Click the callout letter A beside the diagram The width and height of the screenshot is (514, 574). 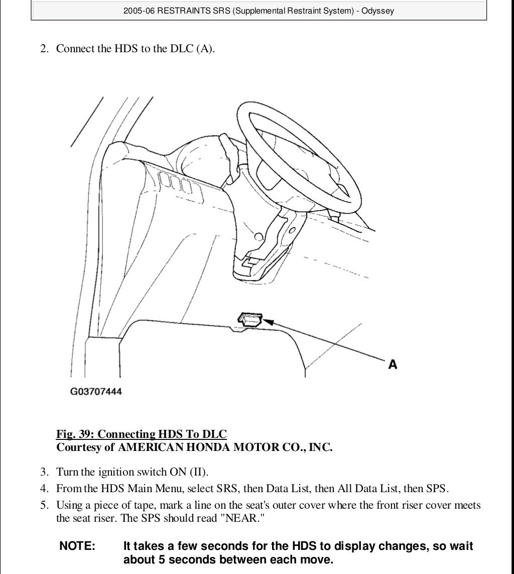[393, 364]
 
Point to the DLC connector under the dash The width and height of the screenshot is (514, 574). [249, 319]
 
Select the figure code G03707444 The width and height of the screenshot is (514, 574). [96, 391]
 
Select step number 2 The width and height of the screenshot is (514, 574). [44, 49]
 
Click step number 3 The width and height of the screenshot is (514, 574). [44, 472]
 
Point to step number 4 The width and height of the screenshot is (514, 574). [44, 488]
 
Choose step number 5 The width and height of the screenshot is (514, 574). [44, 505]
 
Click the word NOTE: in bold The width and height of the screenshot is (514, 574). [77, 546]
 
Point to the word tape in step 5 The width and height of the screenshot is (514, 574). [145, 505]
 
